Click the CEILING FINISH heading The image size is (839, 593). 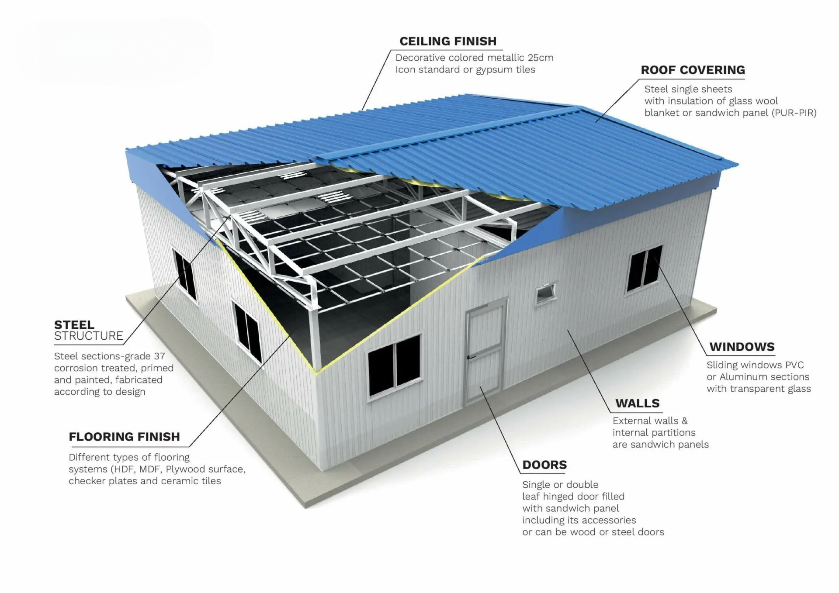[x=448, y=41]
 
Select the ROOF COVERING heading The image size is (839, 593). [x=693, y=70]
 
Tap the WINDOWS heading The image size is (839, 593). [x=742, y=347]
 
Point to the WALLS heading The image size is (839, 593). [x=637, y=403]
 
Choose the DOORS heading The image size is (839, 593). [x=544, y=465]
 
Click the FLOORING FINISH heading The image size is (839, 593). [x=124, y=437]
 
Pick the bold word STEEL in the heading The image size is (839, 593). [x=74, y=325]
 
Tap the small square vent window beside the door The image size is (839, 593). [x=546, y=293]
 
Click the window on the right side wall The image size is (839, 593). [x=645, y=269]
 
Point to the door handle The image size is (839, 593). [x=471, y=357]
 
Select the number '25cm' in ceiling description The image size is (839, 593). [x=540, y=58]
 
